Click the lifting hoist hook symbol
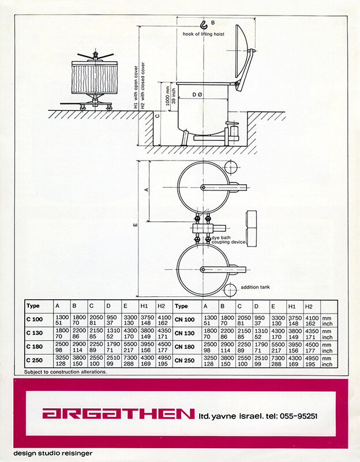pyautogui.click(x=204, y=25)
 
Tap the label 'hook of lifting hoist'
pyautogui.click(x=204, y=34)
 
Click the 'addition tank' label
pyautogui.click(x=255, y=287)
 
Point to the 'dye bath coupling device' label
pyautogui.click(x=228, y=240)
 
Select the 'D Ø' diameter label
pyautogui.click(x=197, y=95)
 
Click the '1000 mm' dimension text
pyautogui.click(x=168, y=98)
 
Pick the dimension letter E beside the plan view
pyautogui.click(x=136, y=225)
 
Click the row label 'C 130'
pyautogui.click(x=35, y=333)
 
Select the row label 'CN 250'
pyautogui.click(x=184, y=360)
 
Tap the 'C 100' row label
pyautogui.click(x=35, y=319)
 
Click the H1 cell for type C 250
pyautogui.click(x=147, y=360)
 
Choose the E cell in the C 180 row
pyautogui.click(x=130, y=347)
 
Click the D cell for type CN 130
pyautogui.click(x=261, y=334)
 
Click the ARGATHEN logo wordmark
pyautogui.click(x=118, y=413)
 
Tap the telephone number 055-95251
pyautogui.click(x=298, y=416)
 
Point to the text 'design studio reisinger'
pyautogui.click(x=53, y=453)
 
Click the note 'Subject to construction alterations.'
pyautogui.click(x=65, y=372)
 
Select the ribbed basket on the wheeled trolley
pyautogui.click(x=95, y=78)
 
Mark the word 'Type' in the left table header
pyautogui.click(x=33, y=306)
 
